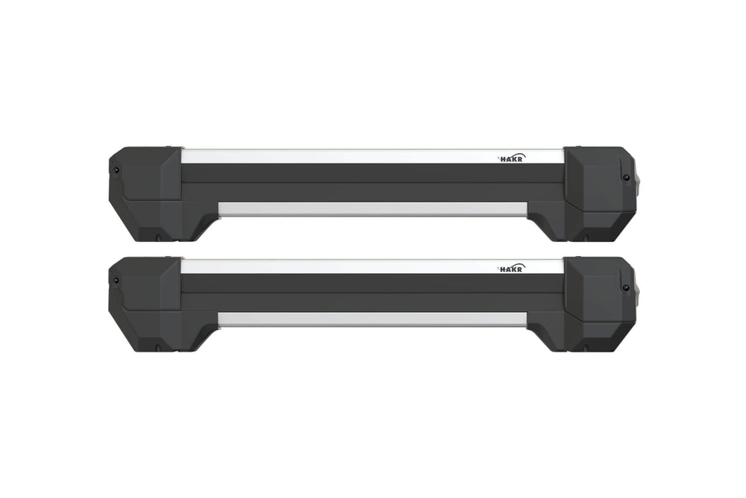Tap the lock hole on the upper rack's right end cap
coord(624,177)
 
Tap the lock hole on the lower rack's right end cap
coord(624,287)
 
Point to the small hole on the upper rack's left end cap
coord(117,169)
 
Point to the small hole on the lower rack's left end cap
coord(117,280)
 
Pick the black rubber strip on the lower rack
coord(373,292)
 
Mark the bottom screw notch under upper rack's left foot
coord(158,240)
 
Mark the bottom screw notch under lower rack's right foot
coord(586,350)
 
